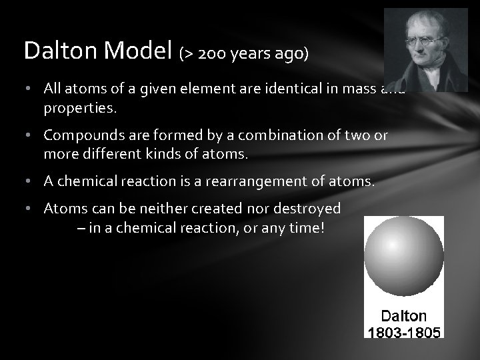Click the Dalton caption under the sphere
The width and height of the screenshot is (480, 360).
403,316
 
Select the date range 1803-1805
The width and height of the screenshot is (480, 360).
403,331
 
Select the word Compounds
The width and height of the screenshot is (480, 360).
81,135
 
